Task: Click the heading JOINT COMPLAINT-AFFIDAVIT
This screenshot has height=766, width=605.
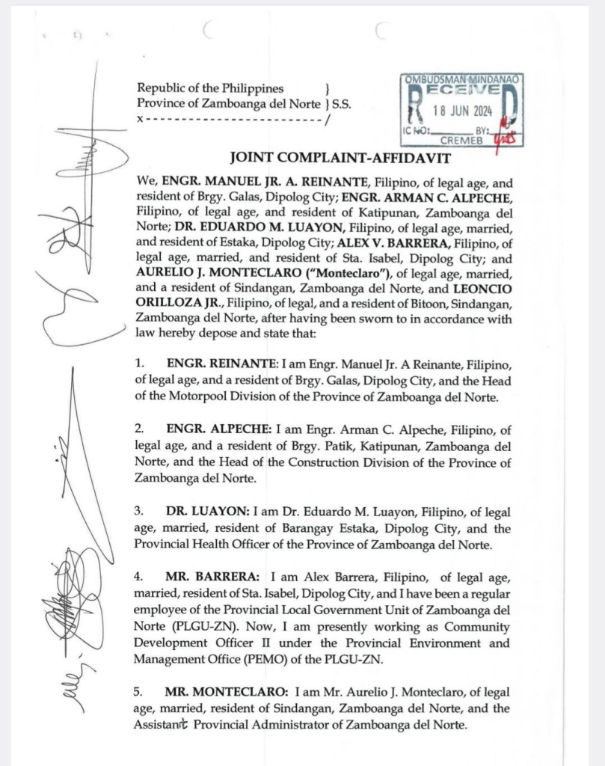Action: point(323,157)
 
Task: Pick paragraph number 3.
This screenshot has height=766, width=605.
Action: point(139,512)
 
